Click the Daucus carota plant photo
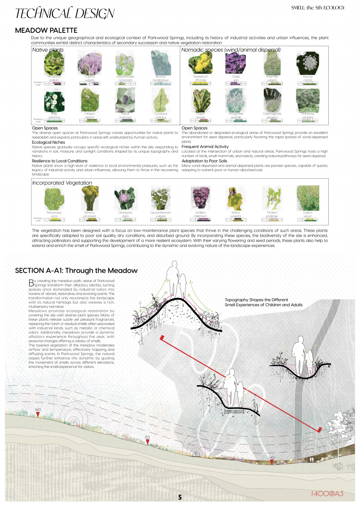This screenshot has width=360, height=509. tap(307, 62)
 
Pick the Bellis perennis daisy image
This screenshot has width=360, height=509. tap(54, 101)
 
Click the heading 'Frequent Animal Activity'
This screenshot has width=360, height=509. tap(205, 147)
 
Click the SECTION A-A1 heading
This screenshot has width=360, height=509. tap(76, 271)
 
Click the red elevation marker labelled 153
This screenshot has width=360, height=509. tap(147, 442)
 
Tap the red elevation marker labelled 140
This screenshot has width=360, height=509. tap(272, 462)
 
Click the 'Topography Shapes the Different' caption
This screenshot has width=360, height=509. tap(256, 300)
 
